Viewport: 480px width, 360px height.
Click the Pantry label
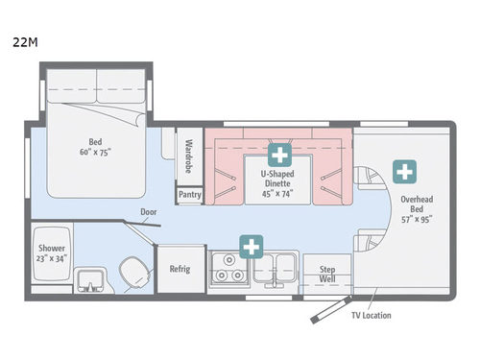[188, 194]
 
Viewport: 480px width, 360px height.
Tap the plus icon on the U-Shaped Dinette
[280, 154]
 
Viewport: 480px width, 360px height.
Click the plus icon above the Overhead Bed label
[407, 173]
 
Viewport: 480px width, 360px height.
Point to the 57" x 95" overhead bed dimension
[417, 219]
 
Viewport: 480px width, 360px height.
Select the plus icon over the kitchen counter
[252, 248]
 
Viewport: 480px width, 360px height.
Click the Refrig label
[180, 269]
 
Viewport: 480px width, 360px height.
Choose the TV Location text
[371, 315]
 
